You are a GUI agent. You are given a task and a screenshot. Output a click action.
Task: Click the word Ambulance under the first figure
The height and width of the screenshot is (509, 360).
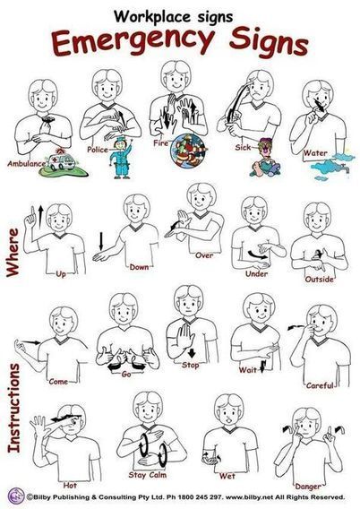[x=26, y=164]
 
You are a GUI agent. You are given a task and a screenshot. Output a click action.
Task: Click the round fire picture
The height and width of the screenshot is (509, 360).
[x=188, y=151]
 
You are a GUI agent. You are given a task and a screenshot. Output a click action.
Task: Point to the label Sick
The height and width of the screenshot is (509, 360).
[x=243, y=147]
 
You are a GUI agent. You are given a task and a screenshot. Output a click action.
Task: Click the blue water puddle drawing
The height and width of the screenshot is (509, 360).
[x=330, y=168]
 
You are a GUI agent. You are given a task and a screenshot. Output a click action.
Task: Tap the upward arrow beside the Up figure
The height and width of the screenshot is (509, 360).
[x=41, y=217]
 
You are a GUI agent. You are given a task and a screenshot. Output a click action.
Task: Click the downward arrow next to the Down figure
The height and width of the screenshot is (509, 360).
[x=101, y=241]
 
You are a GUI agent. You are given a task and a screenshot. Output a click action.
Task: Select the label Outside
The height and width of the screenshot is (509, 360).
[x=319, y=280]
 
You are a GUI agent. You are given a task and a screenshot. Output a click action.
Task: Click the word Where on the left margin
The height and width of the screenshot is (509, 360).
[x=13, y=253]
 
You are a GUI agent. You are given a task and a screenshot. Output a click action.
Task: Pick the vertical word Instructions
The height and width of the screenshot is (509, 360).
[x=14, y=408]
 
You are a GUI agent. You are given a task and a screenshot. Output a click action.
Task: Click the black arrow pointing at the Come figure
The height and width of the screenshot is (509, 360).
[x=33, y=342]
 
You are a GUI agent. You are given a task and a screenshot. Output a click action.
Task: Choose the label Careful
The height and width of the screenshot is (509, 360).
[x=320, y=385]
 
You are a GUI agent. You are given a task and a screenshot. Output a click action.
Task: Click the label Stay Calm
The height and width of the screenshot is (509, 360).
[x=148, y=475]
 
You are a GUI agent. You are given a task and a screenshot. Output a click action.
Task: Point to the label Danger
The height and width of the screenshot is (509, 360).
[x=308, y=487]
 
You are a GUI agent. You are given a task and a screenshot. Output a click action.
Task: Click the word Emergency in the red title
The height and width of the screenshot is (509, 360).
[x=133, y=41]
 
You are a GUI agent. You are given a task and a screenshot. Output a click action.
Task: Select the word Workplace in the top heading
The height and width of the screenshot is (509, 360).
[x=150, y=17]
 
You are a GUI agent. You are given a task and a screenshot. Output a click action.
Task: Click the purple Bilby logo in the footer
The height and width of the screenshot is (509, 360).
[x=16, y=496]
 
